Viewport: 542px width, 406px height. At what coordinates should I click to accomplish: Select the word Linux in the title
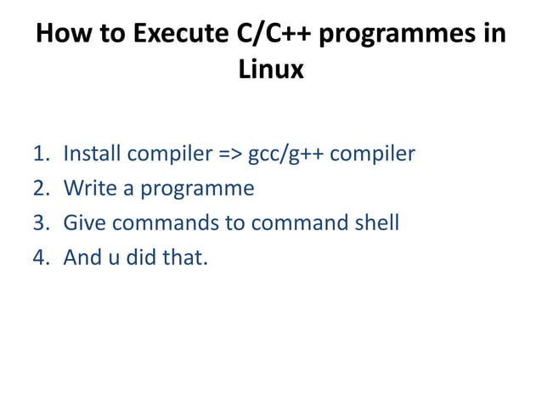point(271,70)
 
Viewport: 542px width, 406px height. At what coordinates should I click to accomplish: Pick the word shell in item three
point(375,223)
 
